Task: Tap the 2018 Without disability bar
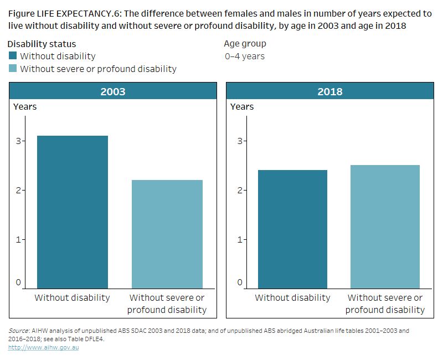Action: [292, 229]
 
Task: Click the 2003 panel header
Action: [112, 91]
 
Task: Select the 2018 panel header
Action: [329, 91]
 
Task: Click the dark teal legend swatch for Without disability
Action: [13, 56]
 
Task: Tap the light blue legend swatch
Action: [13, 69]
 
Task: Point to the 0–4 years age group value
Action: [244, 56]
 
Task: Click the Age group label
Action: [245, 44]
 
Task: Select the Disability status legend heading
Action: [42, 44]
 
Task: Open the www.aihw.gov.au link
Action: [43, 347]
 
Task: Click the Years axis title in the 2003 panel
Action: [25, 106]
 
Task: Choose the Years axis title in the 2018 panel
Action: [242, 106]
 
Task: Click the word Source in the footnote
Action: [19, 331]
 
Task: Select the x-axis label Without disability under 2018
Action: [292, 298]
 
